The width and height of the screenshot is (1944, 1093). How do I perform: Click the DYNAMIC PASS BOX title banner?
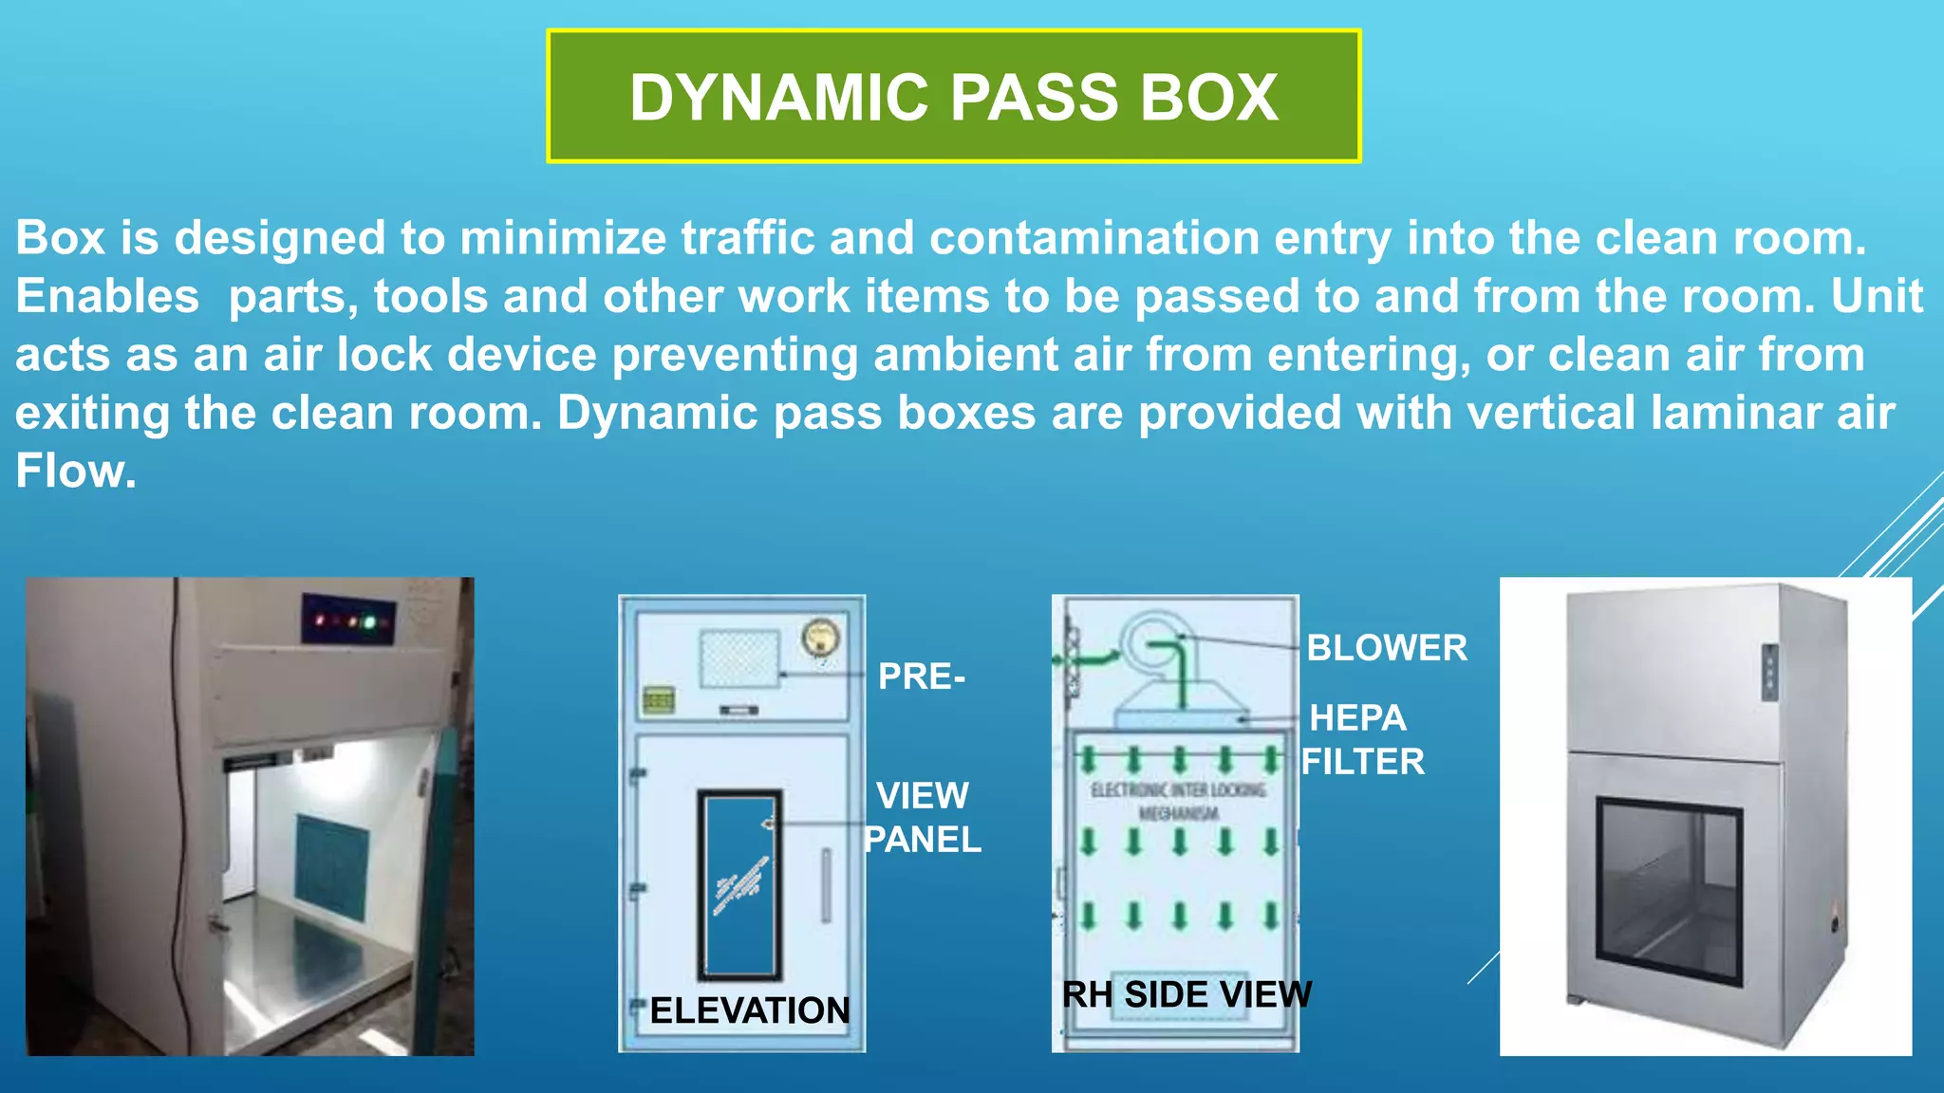click(953, 97)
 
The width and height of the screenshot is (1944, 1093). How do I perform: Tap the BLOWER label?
click(1386, 648)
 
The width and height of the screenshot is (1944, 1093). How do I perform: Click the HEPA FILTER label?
click(1361, 740)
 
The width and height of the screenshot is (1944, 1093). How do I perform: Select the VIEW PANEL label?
click(922, 817)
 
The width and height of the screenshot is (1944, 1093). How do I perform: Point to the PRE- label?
click(921, 676)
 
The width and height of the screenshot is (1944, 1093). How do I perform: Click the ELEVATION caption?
click(750, 1010)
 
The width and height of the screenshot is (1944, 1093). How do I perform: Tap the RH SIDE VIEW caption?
click(1187, 994)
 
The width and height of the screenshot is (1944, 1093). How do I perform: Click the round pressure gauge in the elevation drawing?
click(820, 638)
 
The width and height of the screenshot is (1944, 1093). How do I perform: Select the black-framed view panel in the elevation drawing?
click(739, 884)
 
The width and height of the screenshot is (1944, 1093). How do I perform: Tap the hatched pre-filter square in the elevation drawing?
click(739, 658)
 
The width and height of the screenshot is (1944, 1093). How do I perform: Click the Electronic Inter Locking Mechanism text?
click(1178, 801)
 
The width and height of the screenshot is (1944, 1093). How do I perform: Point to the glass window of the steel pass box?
click(1669, 891)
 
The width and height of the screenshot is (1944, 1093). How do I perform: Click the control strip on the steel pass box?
click(1769, 672)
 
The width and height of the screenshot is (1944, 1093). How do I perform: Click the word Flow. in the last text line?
click(76, 472)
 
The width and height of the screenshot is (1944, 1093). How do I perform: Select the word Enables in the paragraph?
click(107, 296)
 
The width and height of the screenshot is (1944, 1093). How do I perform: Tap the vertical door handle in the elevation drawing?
click(826, 885)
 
